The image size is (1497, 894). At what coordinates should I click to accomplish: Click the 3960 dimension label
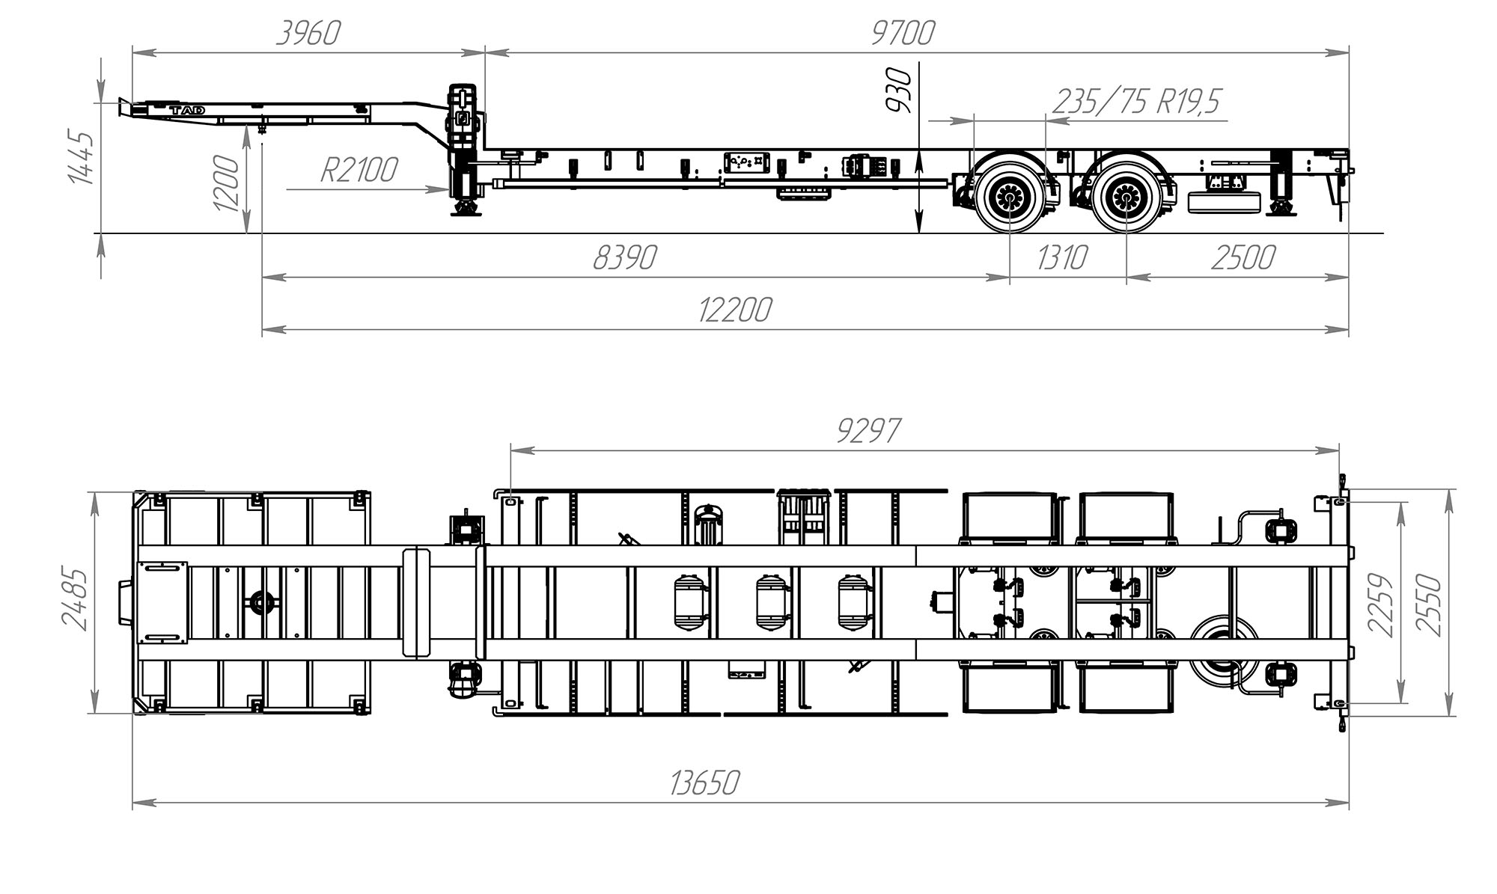pyautogui.click(x=308, y=33)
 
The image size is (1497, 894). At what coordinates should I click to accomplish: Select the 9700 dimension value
pyautogui.click(x=903, y=33)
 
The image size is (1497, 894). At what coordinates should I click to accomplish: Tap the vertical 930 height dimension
pyautogui.click(x=899, y=91)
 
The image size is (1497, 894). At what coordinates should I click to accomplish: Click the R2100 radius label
pyautogui.click(x=359, y=170)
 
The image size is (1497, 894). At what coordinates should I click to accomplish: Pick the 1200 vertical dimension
pyautogui.click(x=227, y=183)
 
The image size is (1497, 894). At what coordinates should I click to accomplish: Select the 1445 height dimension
pyautogui.click(x=80, y=158)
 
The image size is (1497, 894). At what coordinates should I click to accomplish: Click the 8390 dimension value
pyautogui.click(x=624, y=257)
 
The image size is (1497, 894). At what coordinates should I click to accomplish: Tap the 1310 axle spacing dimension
pyautogui.click(x=1062, y=257)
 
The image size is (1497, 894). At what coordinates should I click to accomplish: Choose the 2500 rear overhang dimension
pyautogui.click(x=1243, y=257)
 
